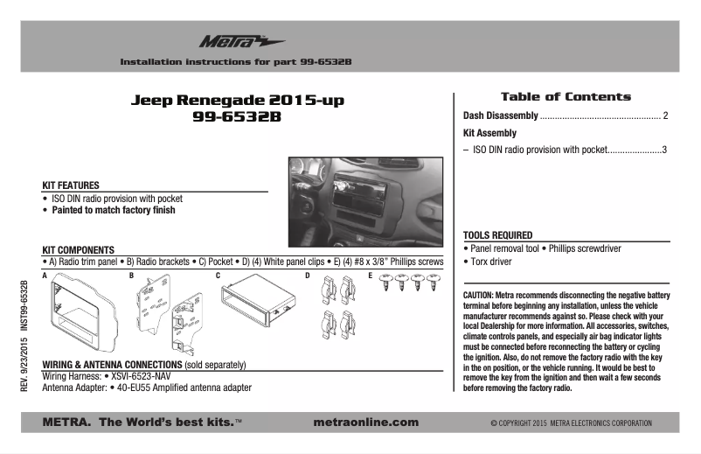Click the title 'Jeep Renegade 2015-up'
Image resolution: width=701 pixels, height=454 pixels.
coord(237,101)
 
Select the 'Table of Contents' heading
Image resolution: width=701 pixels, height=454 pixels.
coord(565,96)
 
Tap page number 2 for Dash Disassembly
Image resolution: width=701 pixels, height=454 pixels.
coord(665,115)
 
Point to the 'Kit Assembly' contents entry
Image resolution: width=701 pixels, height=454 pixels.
coord(489,133)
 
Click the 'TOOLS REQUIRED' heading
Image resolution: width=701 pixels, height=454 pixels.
coord(497,235)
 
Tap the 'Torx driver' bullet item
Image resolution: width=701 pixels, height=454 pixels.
coord(490,262)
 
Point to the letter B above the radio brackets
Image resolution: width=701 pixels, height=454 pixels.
coord(132,276)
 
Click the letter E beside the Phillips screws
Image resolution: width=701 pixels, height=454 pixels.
coord(371,276)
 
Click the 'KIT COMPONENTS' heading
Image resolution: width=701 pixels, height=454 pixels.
coord(78,250)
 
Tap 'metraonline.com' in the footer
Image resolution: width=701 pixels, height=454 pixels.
coord(365,423)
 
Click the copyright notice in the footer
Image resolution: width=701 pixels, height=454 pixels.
coord(571,423)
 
